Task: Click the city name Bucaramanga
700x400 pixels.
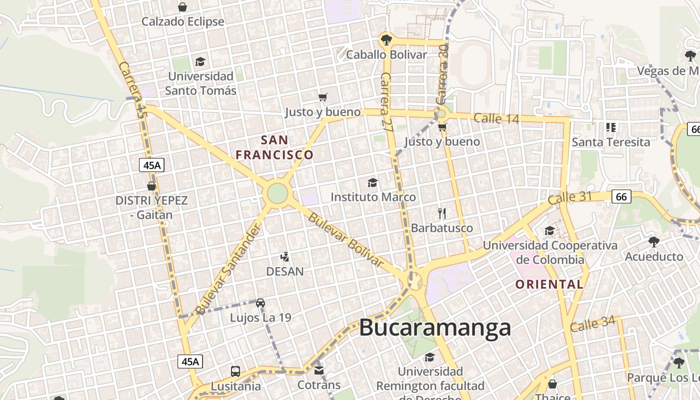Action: pyautogui.click(x=435, y=328)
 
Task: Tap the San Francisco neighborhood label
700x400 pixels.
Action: pyautogui.click(x=274, y=147)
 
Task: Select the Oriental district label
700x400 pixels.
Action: pyautogui.click(x=549, y=284)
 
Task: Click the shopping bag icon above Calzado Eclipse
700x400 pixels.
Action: pyautogui.click(x=182, y=7)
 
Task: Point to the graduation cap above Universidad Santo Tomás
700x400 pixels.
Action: pyautogui.click(x=200, y=61)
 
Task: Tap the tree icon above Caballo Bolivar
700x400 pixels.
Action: pyautogui.click(x=385, y=39)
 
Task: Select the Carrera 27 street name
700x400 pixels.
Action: pyautogui.click(x=386, y=102)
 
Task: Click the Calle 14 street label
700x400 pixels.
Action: pyautogui.click(x=496, y=118)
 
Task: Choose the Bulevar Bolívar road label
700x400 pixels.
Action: pyautogui.click(x=345, y=240)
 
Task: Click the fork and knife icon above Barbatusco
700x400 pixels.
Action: pyautogui.click(x=441, y=213)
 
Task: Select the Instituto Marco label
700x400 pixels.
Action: pyautogui.click(x=373, y=197)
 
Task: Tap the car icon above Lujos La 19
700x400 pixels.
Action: pyautogui.click(x=260, y=302)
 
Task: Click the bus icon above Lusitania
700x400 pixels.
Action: pyautogui.click(x=235, y=371)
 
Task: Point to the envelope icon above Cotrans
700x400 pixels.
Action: pyautogui.click(x=319, y=370)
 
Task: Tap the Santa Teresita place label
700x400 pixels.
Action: pyautogui.click(x=610, y=142)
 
